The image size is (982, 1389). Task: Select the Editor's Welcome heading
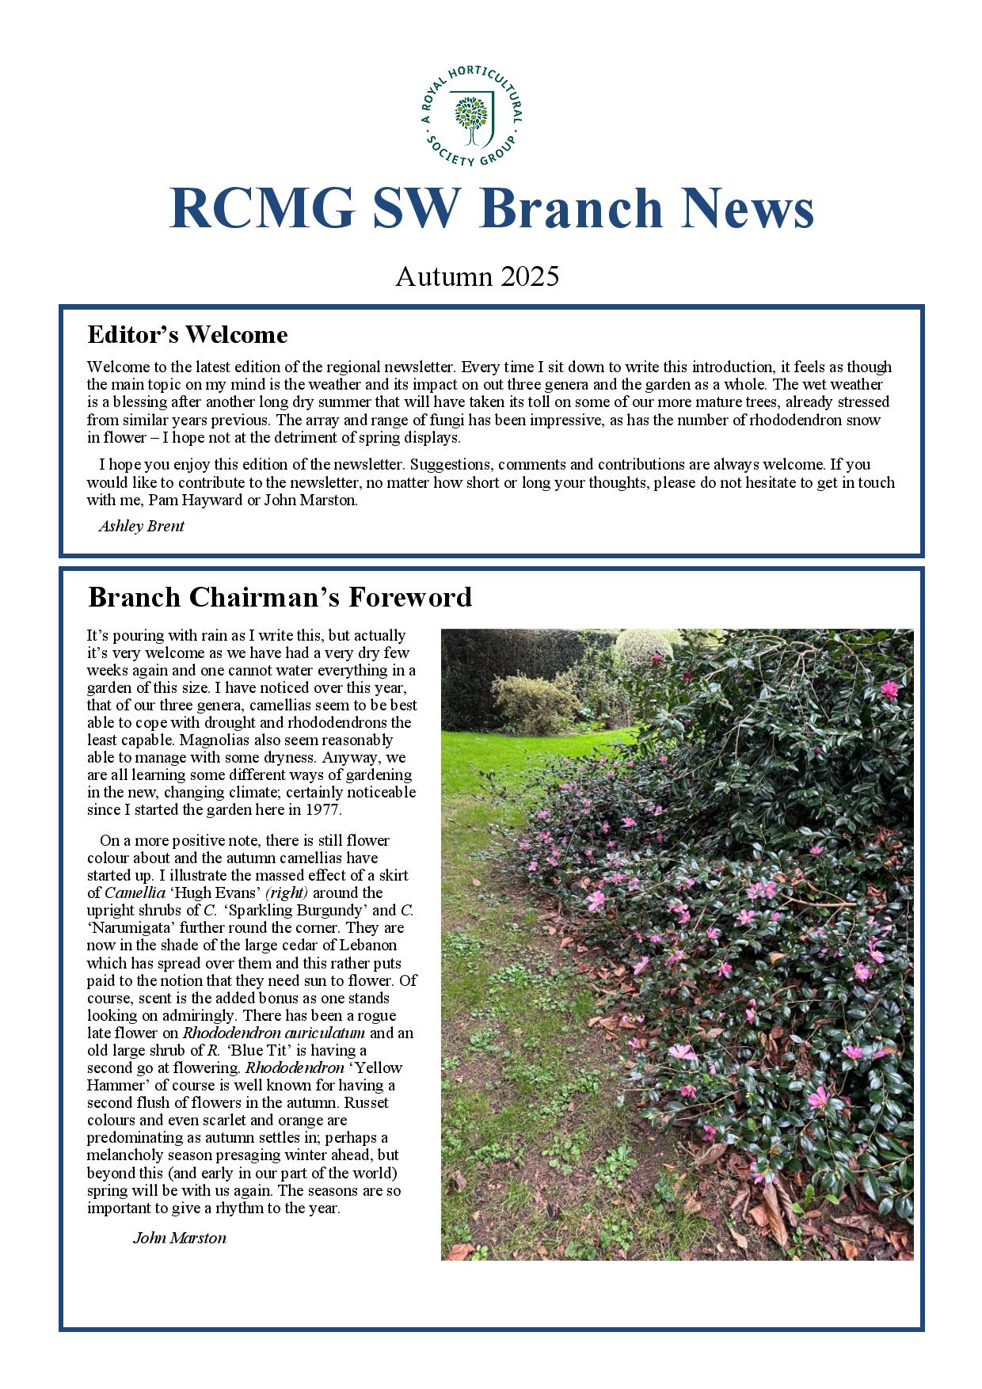click(187, 334)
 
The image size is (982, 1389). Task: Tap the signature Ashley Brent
click(141, 526)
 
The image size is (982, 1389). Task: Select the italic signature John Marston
click(180, 1238)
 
